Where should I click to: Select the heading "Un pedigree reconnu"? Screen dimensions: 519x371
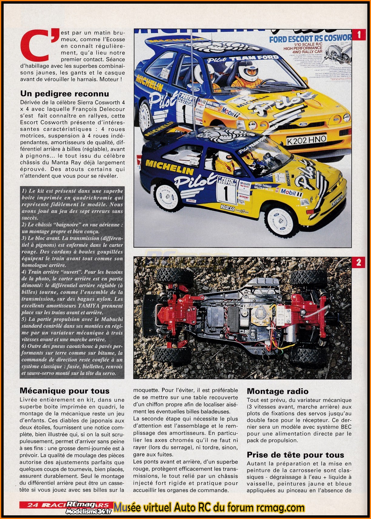pos(64,94)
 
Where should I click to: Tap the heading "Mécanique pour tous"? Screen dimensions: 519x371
pos(64,391)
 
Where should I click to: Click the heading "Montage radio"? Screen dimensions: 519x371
pos(277,391)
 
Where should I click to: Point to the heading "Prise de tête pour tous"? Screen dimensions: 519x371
pos(295,455)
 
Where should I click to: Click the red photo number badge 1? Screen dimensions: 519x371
pos(359,35)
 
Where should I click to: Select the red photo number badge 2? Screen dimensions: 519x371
pos(359,262)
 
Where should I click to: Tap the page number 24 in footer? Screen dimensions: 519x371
pos(32,505)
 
